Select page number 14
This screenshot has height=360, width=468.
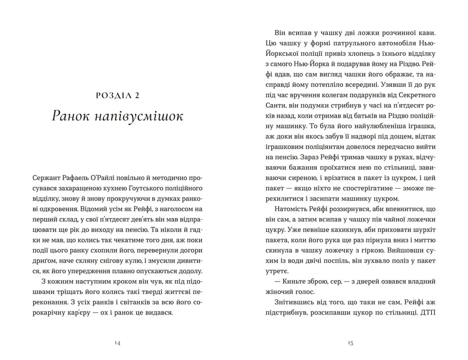(x=117, y=343)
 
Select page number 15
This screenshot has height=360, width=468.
(x=350, y=343)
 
